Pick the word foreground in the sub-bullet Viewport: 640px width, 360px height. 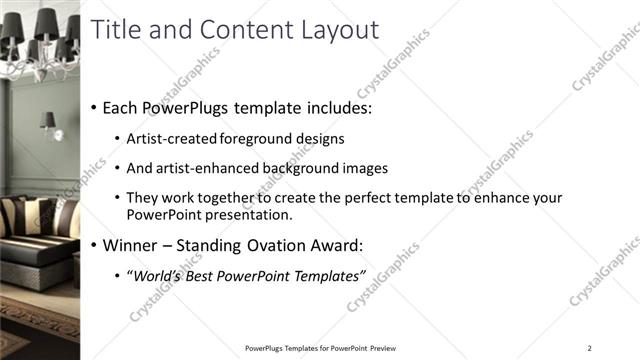(x=254, y=139)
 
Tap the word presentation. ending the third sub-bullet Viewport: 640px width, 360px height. (x=250, y=215)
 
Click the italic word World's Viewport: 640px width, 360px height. (x=156, y=276)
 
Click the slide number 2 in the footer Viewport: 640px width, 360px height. (x=589, y=348)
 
